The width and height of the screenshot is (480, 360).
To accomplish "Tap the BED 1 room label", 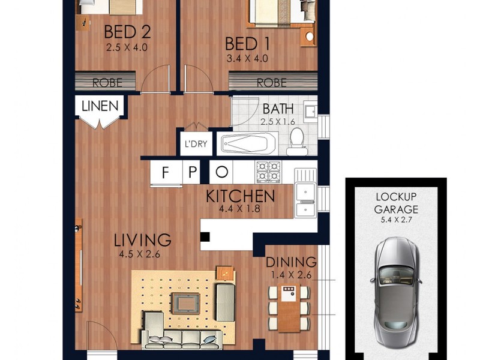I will [x=246, y=44].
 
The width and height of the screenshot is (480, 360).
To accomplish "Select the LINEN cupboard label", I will [x=100, y=107].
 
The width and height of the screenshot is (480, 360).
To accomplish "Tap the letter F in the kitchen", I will [x=165, y=173].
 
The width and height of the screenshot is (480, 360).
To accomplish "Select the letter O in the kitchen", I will [x=222, y=173].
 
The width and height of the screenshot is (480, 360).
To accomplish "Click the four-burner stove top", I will [x=268, y=172].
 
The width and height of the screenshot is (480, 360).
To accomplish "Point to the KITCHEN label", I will [x=240, y=196].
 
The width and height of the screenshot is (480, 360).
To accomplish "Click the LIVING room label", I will [x=143, y=240].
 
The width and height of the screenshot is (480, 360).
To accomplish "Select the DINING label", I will [x=291, y=262].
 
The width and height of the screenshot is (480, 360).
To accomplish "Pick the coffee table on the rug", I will [x=185, y=302].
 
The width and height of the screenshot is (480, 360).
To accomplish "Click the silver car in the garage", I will [x=396, y=291].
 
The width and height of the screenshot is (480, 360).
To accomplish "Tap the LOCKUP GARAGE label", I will [x=396, y=203].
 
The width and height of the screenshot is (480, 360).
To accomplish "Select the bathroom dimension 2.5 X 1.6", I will [x=278, y=122].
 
